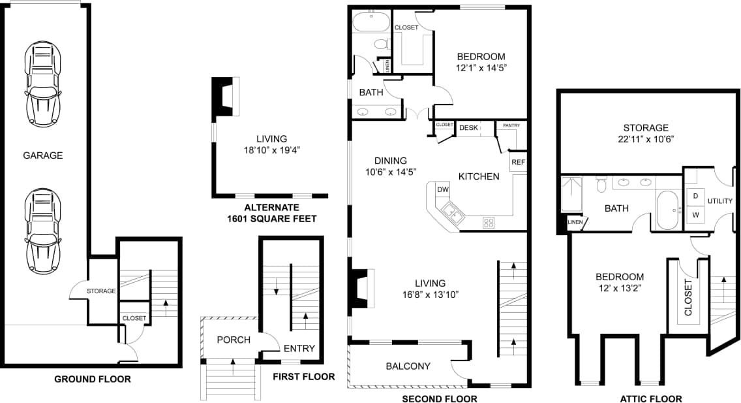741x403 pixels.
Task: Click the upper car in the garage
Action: click(43, 84)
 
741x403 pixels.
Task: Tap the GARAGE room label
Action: click(43, 155)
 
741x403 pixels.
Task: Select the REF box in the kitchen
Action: click(518, 162)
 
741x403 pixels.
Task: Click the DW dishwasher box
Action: click(443, 189)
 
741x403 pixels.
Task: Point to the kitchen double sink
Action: click(451, 212)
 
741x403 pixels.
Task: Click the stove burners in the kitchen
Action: click(488, 222)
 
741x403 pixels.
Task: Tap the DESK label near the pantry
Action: click(468, 128)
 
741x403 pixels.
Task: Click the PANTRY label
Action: click(506, 125)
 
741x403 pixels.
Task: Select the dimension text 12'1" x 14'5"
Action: click(481, 67)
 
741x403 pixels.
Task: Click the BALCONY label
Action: click(408, 366)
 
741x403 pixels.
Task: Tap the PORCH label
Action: click(233, 340)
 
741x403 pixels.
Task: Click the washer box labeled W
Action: click(695, 214)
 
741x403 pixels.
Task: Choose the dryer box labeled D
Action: click(695, 196)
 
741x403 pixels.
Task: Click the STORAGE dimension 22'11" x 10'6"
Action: click(645, 139)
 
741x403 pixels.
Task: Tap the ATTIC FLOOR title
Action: click(650, 399)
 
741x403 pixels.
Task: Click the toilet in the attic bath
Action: click(601, 185)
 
